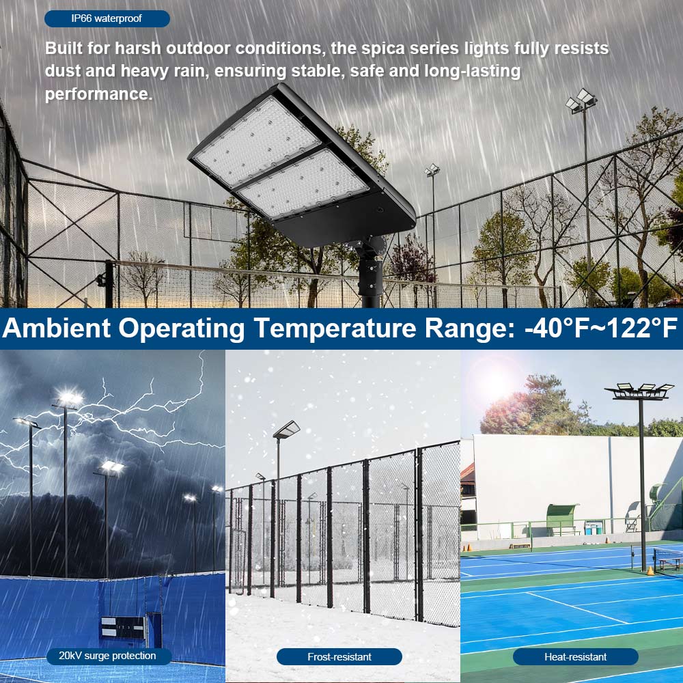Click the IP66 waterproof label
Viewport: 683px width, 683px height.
tap(107, 18)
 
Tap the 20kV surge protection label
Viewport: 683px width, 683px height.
tap(107, 656)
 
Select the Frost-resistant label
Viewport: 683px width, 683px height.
tap(339, 656)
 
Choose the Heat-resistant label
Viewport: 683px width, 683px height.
tap(575, 656)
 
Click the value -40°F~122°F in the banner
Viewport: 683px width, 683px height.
tap(600, 328)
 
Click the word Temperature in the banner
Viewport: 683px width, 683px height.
tap(335, 328)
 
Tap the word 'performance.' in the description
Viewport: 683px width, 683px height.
tap(98, 94)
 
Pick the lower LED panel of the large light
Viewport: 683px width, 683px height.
tap(304, 184)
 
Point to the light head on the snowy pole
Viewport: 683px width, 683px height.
tap(286, 429)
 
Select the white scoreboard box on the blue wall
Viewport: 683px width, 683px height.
tap(123, 627)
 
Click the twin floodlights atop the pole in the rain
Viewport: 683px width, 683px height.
tap(582, 100)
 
